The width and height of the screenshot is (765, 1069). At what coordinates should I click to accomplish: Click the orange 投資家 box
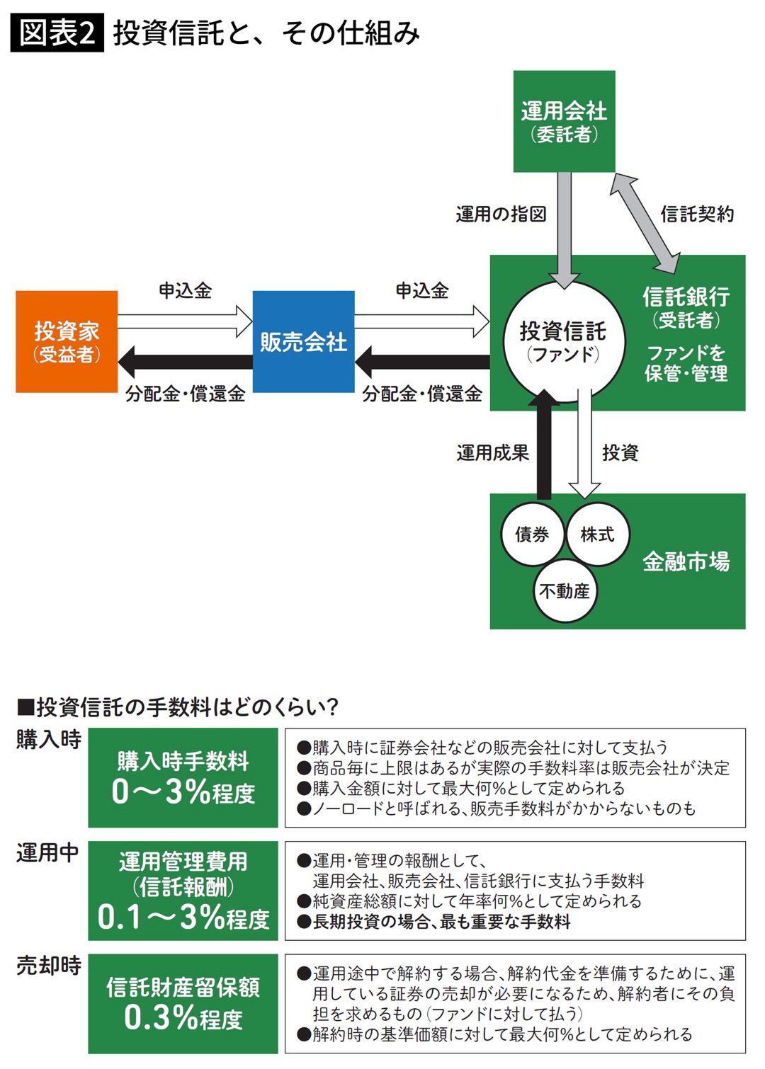[67, 341]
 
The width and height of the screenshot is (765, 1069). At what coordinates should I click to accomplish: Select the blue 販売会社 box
[303, 341]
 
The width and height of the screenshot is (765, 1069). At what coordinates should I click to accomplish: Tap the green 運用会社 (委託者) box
[564, 121]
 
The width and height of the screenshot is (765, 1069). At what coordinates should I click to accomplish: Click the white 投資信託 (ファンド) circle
[564, 341]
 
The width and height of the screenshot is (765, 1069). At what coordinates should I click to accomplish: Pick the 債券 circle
[532, 534]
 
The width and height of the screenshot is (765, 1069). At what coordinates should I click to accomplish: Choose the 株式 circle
[597, 534]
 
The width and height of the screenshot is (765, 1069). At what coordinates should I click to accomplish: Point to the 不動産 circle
[565, 590]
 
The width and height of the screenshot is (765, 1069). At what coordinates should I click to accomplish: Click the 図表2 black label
[57, 33]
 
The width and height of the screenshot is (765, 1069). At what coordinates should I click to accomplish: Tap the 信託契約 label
[697, 214]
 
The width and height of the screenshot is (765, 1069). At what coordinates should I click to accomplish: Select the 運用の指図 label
[501, 214]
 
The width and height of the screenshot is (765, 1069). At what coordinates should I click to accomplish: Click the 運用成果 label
[493, 452]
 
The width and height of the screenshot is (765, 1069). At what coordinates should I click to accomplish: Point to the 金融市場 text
[686, 561]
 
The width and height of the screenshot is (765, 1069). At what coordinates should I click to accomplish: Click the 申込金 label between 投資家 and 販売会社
[185, 290]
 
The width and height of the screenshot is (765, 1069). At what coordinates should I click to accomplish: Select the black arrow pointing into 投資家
[184, 362]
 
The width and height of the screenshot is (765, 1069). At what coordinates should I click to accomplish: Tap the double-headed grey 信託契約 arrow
[645, 223]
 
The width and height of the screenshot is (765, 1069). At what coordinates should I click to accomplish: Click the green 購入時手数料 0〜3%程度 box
[183, 777]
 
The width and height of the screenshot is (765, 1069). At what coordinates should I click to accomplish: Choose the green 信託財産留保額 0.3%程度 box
[183, 1003]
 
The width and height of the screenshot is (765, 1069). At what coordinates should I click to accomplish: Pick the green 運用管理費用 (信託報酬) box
[183, 891]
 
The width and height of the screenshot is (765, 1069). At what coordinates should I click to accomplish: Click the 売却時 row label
[48, 966]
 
